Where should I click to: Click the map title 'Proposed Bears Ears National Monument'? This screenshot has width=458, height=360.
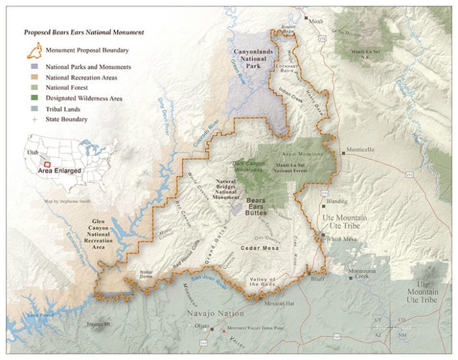pyautogui.click(x=84, y=31)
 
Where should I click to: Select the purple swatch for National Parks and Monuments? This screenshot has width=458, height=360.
pyautogui.click(x=36, y=67)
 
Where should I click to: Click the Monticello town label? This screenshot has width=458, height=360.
pyautogui.click(x=361, y=149)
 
